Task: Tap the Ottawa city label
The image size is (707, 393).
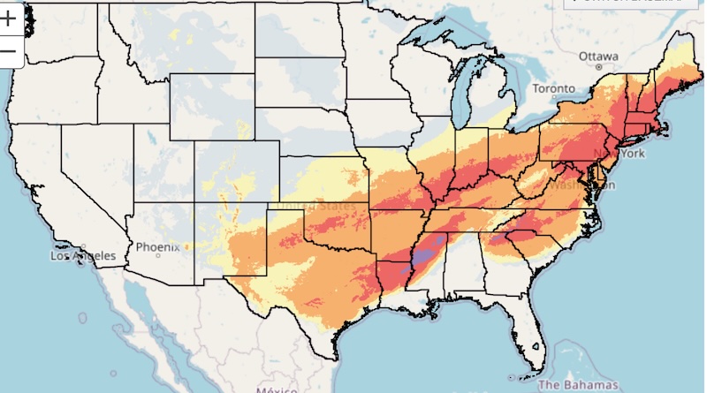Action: [597, 55]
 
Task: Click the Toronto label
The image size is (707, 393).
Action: [554, 88]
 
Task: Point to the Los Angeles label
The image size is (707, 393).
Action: [83, 256]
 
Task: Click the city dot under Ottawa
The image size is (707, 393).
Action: [598, 66]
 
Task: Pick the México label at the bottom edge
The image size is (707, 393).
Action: [277, 389]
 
